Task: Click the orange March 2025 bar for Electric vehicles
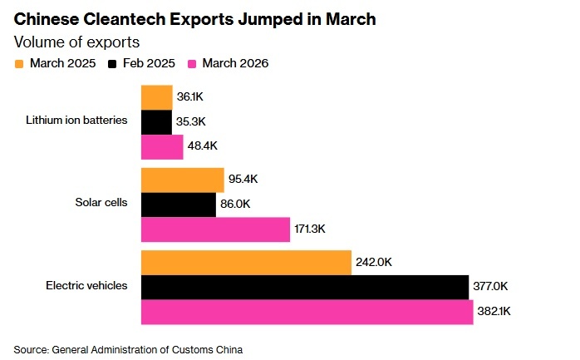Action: pyautogui.click(x=246, y=262)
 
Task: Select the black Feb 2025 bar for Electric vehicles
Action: pyautogui.click(x=305, y=287)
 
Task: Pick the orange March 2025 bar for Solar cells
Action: pyautogui.click(x=183, y=180)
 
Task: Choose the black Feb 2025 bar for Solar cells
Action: pyautogui.click(x=179, y=205)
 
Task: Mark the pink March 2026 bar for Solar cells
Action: pyautogui.click(x=215, y=229)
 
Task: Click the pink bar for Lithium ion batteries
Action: pyautogui.click(x=162, y=147)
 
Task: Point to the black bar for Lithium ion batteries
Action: pyautogui.click(x=157, y=122)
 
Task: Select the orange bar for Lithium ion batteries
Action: pyautogui.click(x=157, y=98)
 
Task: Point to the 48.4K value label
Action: pyautogui.click(x=204, y=147)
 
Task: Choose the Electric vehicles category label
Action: pyautogui.click(x=86, y=285)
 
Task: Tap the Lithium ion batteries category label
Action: pyautogui.click(x=76, y=120)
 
